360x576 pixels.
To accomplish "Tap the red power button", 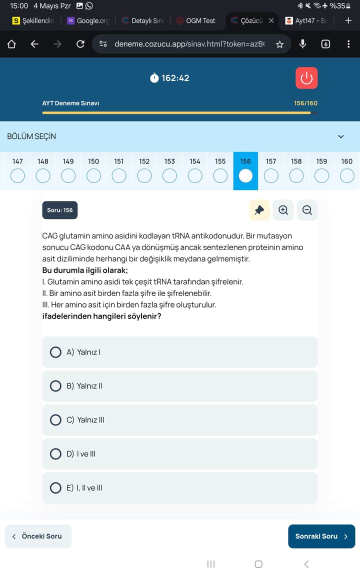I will (306, 78).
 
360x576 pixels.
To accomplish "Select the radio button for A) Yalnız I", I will (56, 352).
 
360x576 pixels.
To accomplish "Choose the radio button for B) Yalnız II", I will (56, 386).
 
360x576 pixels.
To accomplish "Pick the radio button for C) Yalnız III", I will (56, 420).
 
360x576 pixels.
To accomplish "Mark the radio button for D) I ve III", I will (56, 454).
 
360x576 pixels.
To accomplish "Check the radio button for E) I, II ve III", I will (56, 488).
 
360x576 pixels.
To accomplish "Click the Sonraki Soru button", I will (321, 536).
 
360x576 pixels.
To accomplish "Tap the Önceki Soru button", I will (38, 536).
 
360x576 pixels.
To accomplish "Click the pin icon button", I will (259, 210).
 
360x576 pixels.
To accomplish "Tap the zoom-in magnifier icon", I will (283, 210).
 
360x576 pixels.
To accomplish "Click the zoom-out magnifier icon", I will (307, 210).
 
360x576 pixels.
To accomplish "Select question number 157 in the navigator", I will (271, 175).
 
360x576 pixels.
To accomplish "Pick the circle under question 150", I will (93, 175).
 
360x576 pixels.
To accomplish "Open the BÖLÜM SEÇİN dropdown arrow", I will (341, 136).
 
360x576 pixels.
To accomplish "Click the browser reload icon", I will (80, 44).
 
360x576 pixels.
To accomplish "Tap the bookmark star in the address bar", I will (279, 44).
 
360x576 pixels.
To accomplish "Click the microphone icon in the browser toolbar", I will (302, 44).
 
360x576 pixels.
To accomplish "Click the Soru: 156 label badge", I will (60, 210).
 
